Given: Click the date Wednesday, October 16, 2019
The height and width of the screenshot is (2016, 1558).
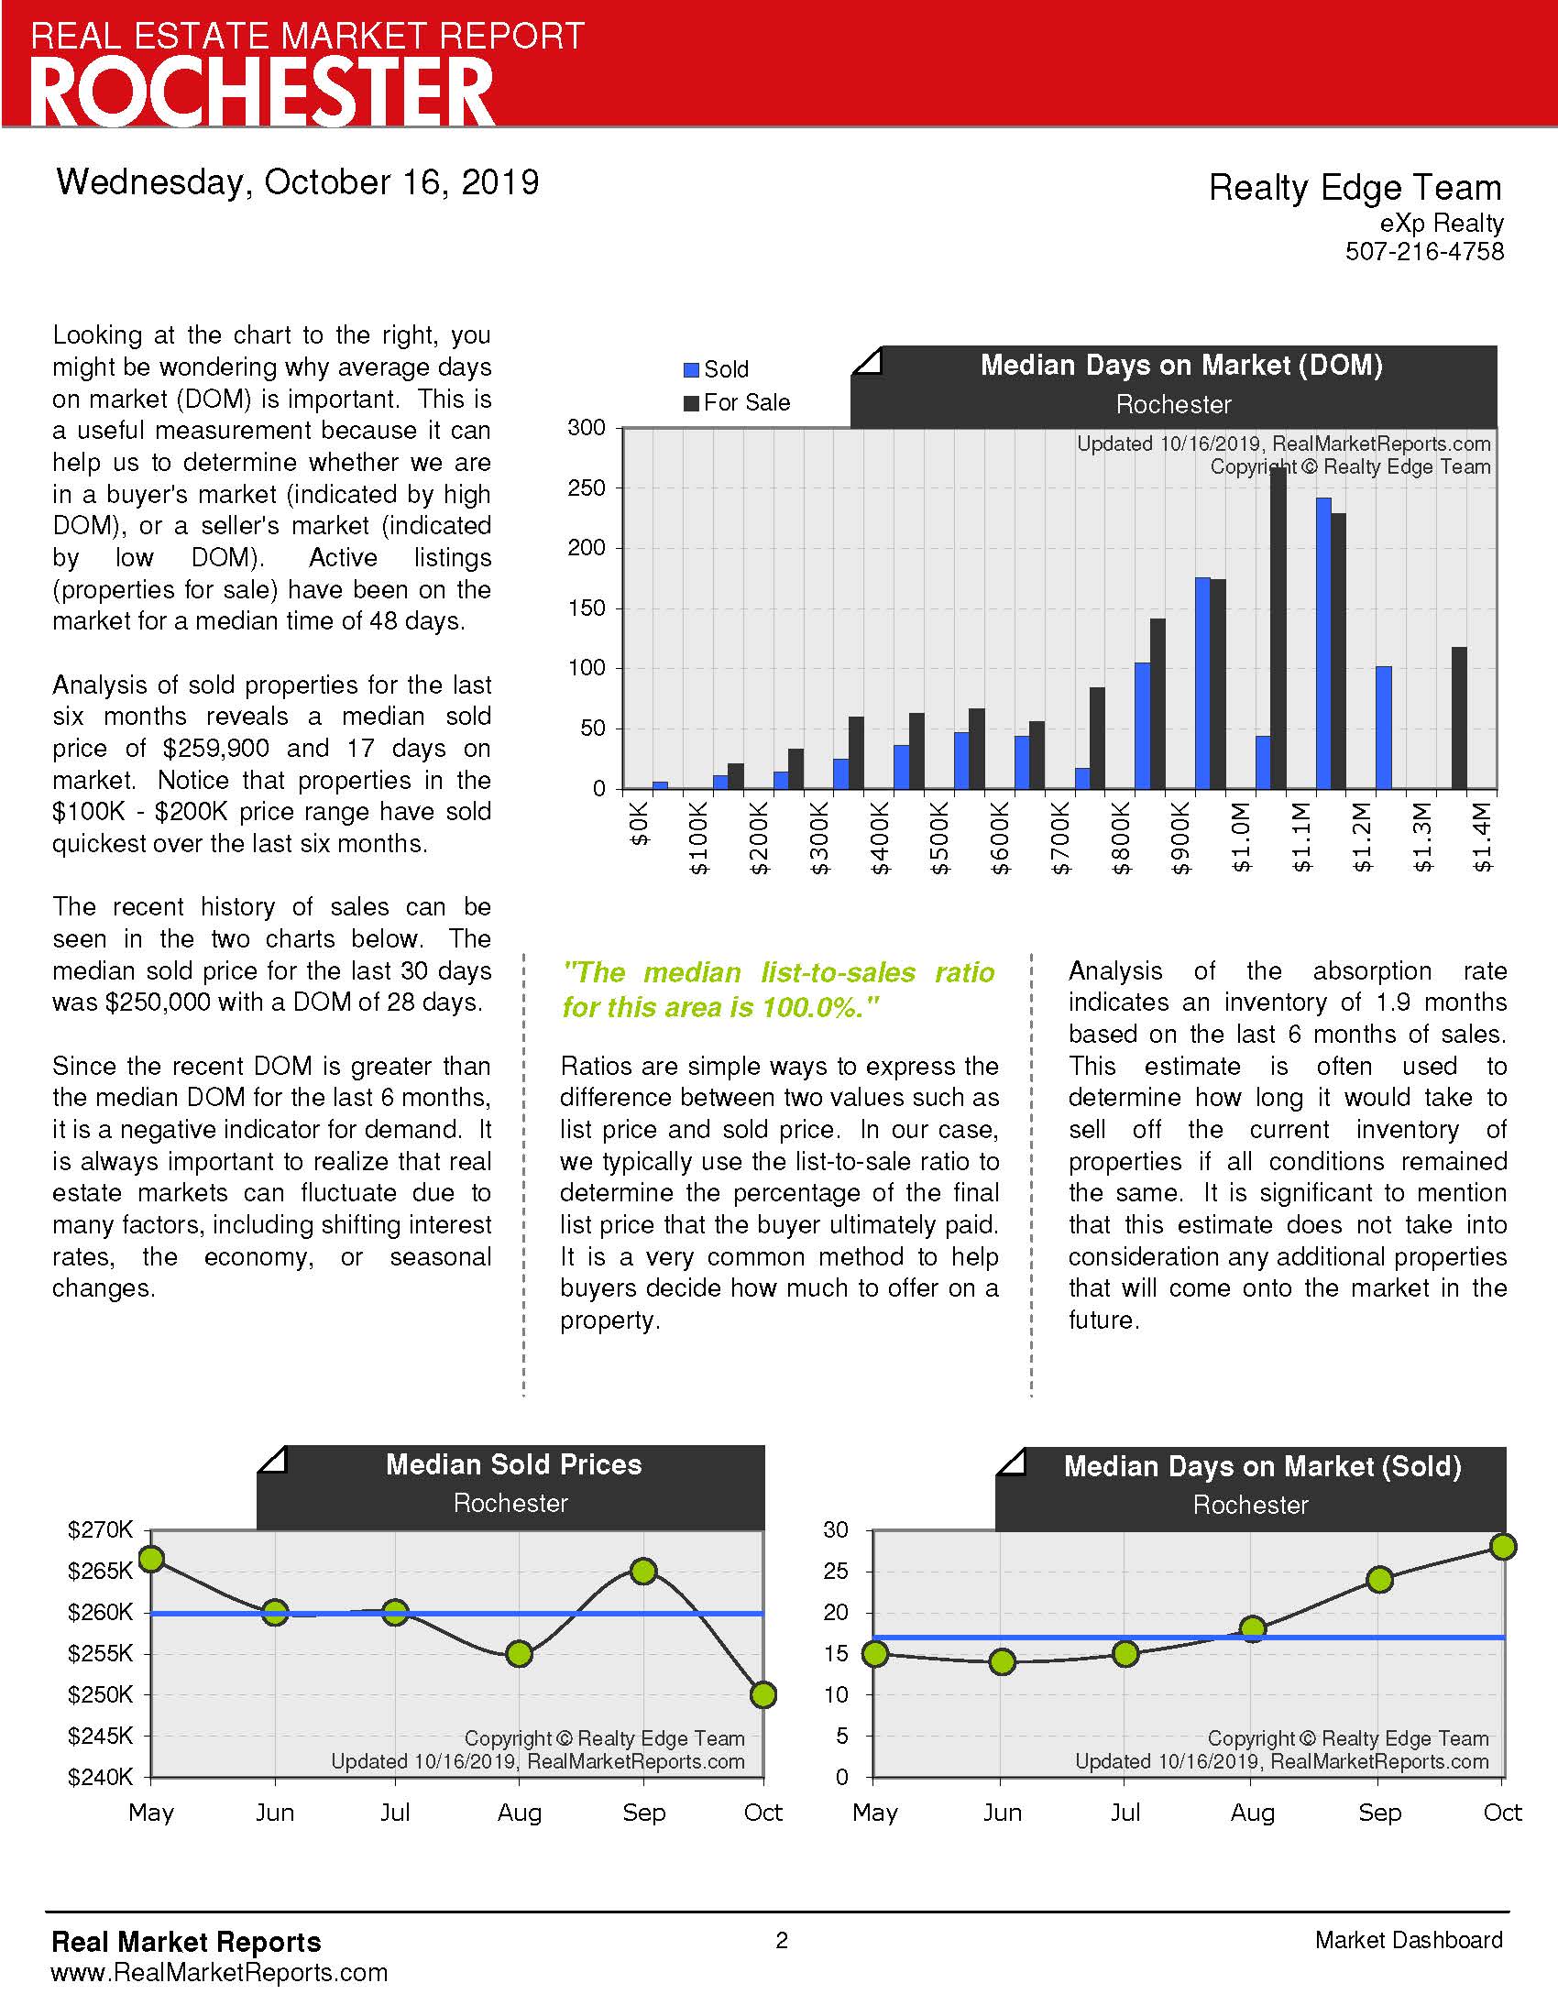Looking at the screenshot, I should point(297,181).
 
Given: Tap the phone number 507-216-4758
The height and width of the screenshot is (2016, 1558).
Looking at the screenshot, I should point(1424,251).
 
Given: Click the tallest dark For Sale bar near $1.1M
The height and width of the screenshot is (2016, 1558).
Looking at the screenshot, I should point(1278,628).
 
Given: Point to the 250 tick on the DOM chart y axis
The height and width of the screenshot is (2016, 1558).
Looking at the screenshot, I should point(587,488).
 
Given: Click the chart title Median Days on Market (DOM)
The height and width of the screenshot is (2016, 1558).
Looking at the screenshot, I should point(1181,366).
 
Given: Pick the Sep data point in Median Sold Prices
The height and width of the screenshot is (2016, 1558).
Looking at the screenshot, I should point(643,1571).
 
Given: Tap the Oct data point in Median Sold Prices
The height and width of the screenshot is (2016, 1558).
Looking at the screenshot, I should point(763,1694).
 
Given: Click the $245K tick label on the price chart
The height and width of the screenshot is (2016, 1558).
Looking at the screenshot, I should point(100,1737).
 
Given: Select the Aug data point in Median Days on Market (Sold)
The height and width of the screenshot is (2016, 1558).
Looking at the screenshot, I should point(1253,1629).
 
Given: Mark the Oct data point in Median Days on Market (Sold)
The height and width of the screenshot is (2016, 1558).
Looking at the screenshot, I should point(1503,1546).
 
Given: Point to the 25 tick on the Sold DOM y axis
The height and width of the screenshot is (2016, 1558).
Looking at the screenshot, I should point(835,1571).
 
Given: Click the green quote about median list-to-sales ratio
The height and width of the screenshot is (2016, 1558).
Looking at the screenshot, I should point(778,990).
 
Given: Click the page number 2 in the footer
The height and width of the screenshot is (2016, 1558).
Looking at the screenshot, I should point(782,1940).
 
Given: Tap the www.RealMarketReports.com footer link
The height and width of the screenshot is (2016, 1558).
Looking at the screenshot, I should point(220,1973).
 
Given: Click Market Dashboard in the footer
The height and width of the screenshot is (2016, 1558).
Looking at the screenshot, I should point(1409,1940).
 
